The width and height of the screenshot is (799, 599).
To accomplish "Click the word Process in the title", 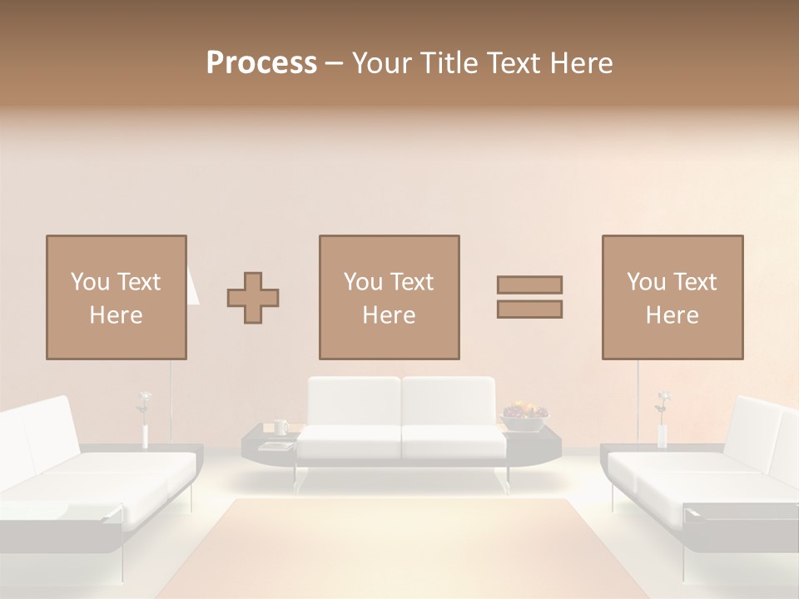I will pos(261,63).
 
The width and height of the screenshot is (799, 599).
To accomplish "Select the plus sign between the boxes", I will pos(253,297).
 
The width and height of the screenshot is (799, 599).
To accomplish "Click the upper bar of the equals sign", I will pos(529,285).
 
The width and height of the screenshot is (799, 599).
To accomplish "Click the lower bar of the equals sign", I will pos(529,309).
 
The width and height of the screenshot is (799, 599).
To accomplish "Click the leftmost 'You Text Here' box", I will pos(116,297).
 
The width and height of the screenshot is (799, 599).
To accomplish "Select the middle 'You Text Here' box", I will pos(389,297).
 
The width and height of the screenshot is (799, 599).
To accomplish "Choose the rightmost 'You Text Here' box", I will pos(672,297).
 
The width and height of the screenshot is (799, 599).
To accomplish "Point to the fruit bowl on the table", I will pos(524,415).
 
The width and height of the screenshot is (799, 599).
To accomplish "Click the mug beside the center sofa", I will pos(280,427).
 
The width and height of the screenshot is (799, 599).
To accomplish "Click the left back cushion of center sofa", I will pos(354,401).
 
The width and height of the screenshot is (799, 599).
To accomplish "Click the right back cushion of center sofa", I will pos(449,401).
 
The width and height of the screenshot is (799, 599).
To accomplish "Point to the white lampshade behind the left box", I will pos(192,287).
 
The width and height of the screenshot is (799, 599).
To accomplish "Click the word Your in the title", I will pos(382,63).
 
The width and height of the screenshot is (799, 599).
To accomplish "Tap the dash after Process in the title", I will pos(335,63).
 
